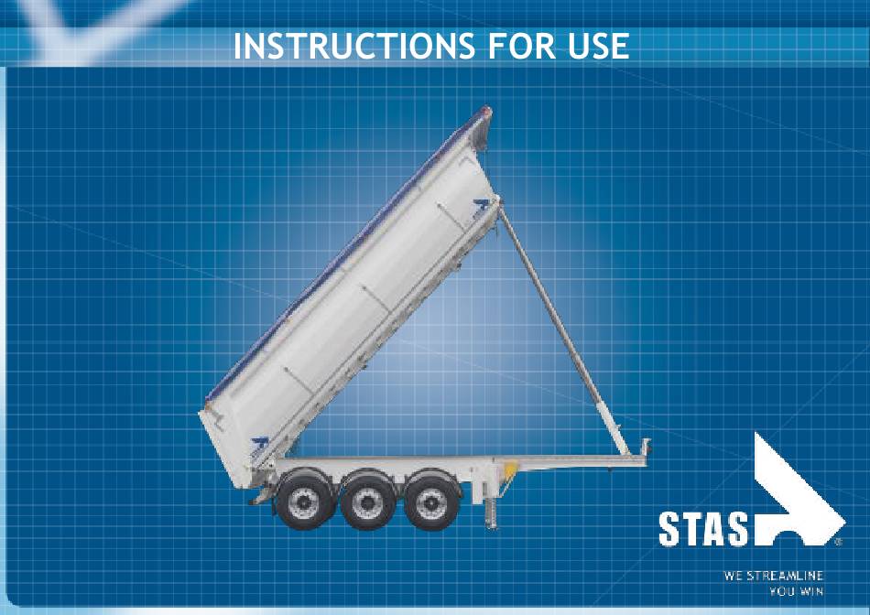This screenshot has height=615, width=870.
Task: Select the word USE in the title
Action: click(x=599, y=46)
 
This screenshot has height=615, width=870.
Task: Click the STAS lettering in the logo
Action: click(x=703, y=529)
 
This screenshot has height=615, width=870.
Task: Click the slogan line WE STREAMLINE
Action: click(x=773, y=576)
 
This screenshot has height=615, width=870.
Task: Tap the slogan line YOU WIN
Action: click(x=796, y=592)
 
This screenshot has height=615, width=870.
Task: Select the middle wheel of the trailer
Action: click(x=368, y=501)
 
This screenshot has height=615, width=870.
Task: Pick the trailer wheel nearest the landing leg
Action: click(x=431, y=501)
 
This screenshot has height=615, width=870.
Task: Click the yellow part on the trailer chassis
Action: click(x=510, y=469)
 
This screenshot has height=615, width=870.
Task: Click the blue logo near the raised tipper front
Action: click(x=481, y=208)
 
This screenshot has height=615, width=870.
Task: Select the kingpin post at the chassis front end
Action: click(x=646, y=447)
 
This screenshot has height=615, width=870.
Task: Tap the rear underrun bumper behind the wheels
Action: click(x=261, y=495)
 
